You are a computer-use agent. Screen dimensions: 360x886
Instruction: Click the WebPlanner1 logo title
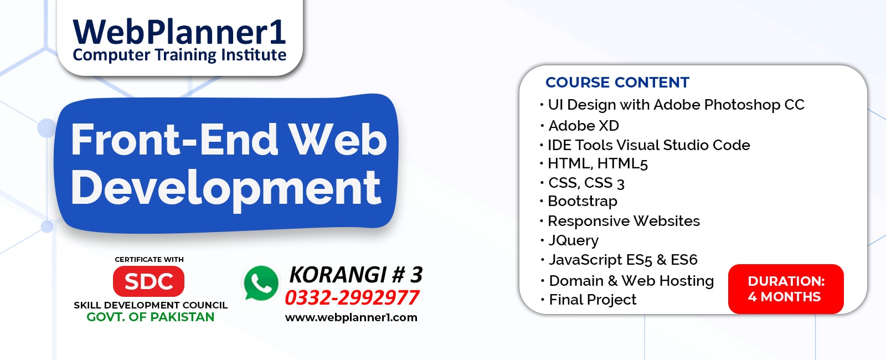[179, 32]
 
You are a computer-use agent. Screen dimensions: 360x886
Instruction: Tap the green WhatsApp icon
[261, 283]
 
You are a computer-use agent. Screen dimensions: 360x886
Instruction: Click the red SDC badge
[148, 281]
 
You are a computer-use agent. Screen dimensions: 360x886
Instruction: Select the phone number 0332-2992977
[352, 298]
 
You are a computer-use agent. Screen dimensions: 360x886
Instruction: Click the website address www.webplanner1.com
[351, 318]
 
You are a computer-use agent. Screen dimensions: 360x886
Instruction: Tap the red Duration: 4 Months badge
[786, 289]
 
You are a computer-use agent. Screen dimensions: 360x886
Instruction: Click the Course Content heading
[617, 83]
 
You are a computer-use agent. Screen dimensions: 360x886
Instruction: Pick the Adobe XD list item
[584, 126]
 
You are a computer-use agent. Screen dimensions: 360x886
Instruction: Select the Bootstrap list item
[582, 201]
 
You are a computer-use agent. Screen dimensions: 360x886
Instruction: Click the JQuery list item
[573, 240]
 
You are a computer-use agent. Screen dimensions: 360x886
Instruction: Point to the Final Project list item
[593, 300]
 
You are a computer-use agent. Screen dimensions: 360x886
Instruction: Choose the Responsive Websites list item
[624, 221]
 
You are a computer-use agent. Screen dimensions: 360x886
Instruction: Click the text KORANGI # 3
[356, 275]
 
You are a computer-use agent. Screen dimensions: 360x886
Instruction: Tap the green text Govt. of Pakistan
[150, 317]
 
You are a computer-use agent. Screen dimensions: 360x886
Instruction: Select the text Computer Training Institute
[179, 55]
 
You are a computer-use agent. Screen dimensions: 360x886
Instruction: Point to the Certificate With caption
[149, 259]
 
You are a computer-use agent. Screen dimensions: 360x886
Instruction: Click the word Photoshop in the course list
[742, 105]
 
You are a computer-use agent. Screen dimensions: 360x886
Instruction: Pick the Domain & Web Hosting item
[631, 281]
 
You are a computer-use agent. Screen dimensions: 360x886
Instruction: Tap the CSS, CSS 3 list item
[586, 183]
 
